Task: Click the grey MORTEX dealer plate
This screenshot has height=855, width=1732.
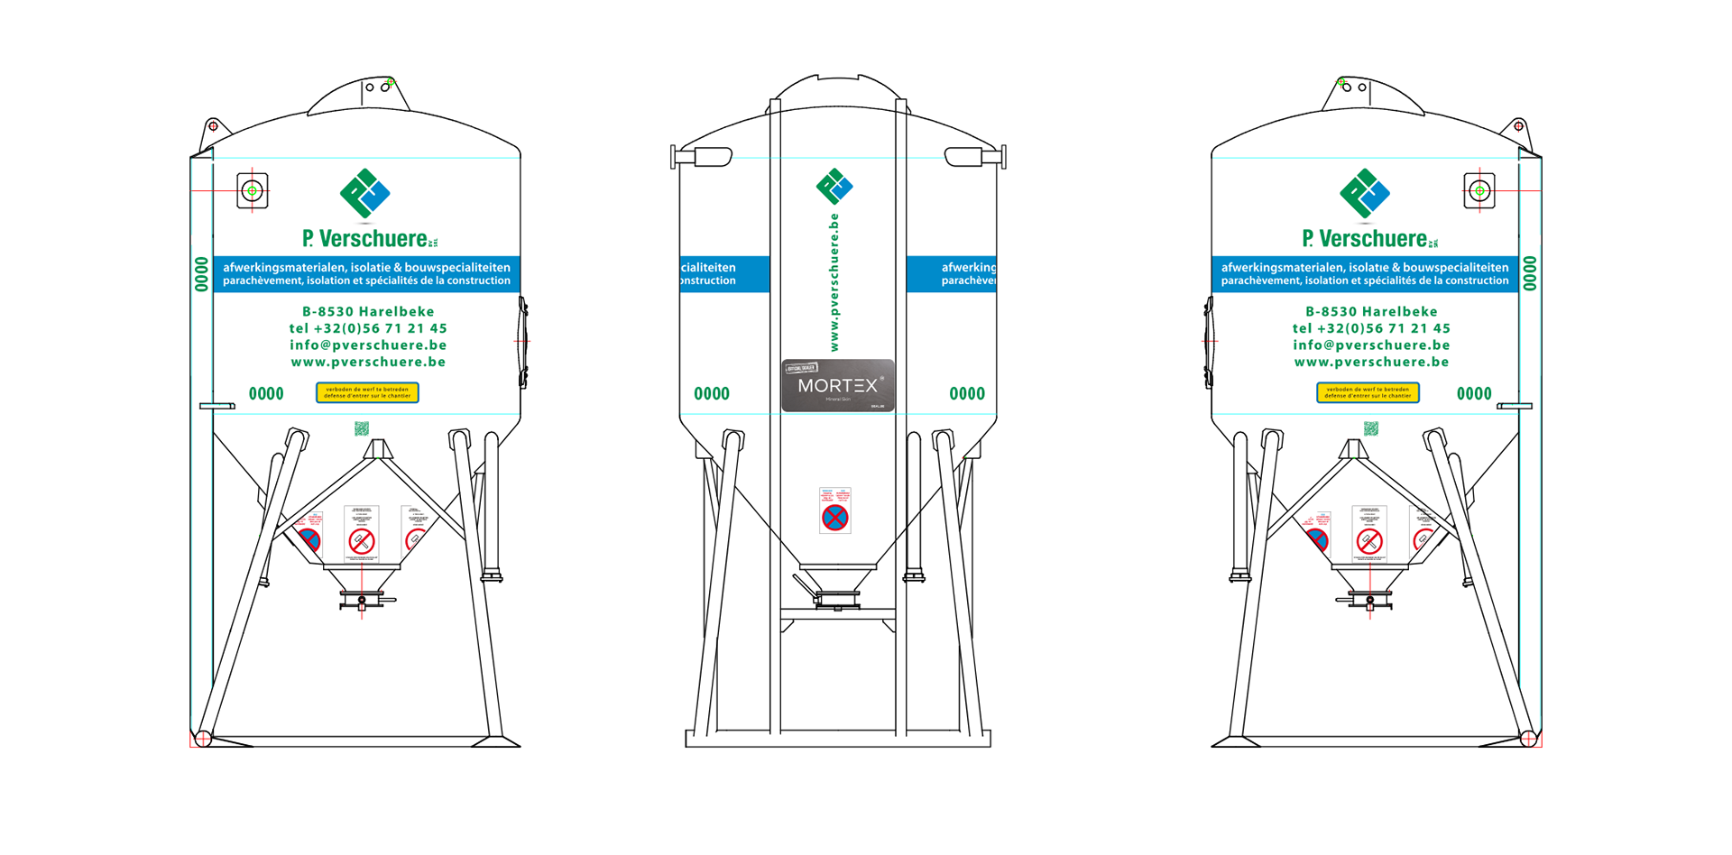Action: point(837,386)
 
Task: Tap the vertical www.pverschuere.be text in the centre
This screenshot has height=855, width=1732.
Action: point(834,282)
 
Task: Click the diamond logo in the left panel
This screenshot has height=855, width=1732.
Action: point(365,193)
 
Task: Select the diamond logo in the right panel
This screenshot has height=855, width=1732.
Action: point(1365,193)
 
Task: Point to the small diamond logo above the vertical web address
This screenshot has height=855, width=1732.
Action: point(834,186)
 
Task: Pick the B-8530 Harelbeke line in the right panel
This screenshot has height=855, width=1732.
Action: point(1371,312)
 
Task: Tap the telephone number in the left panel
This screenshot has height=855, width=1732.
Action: point(368,328)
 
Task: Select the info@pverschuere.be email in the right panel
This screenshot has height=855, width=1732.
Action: point(1371,345)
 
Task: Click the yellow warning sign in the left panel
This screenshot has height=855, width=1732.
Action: point(367,392)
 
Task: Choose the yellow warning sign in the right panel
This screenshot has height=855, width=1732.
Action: point(1368,392)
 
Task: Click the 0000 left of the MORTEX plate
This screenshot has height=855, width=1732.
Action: point(711,393)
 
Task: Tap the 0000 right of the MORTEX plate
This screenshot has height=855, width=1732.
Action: point(967,393)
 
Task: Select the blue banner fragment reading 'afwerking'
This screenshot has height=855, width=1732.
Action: point(952,274)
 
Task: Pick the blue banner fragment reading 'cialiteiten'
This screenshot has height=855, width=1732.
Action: point(724,274)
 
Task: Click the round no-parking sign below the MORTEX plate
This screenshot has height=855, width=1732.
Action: point(835,517)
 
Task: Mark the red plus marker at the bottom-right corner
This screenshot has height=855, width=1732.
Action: point(1528,740)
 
